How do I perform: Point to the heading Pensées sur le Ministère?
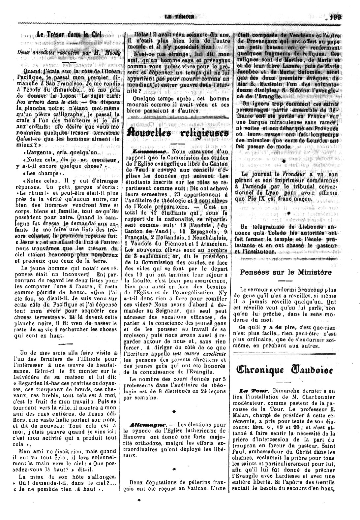(285, 272)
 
